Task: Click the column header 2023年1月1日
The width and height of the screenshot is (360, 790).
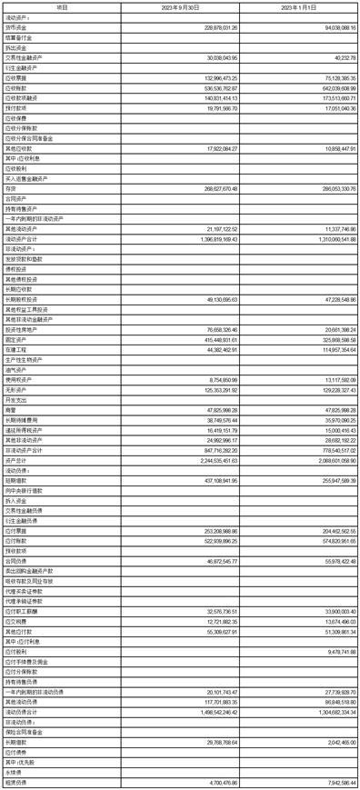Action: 299,6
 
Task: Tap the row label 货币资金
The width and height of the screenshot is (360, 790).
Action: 17,28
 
